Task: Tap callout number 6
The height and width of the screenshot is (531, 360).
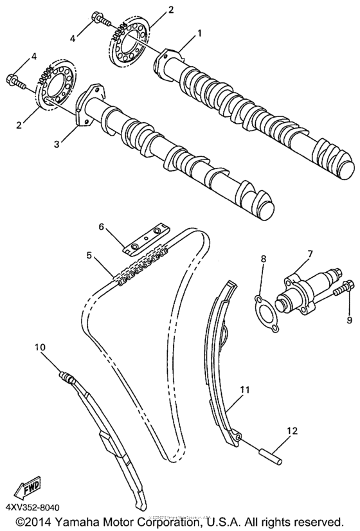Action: (x=100, y=227)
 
